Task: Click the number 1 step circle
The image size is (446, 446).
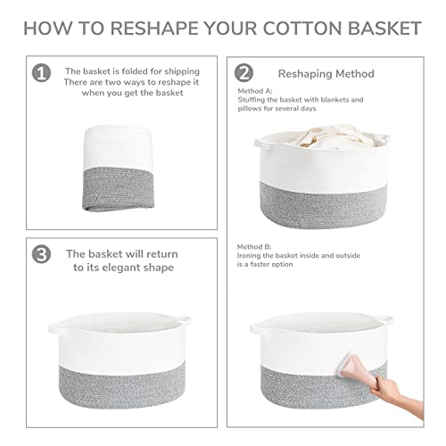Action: click(x=41, y=72)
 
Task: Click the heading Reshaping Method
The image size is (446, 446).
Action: click(x=326, y=73)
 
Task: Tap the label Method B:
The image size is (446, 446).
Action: click(x=256, y=246)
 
